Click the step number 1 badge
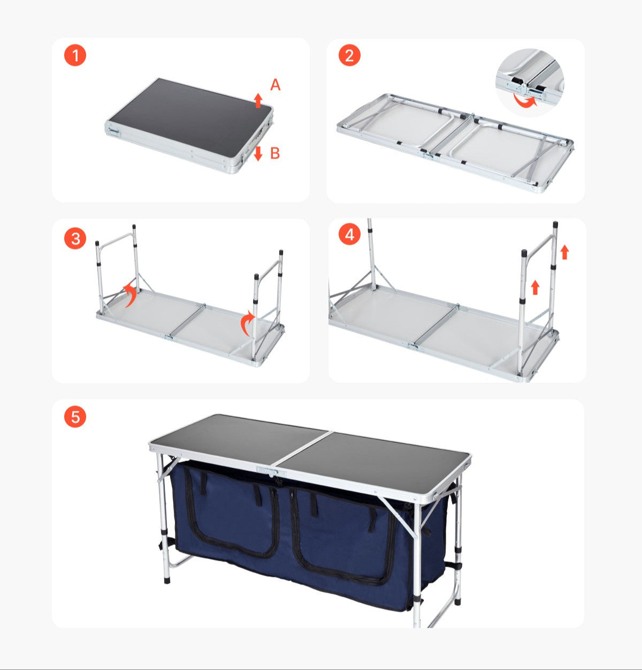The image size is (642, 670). click(x=75, y=56)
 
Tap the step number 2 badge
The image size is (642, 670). click(x=349, y=56)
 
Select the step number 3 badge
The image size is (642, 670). click(x=75, y=238)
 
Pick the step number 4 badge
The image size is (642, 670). click(x=349, y=235)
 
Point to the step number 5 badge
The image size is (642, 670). click(x=75, y=417)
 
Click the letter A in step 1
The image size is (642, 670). click(x=275, y=85)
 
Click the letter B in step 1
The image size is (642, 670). click(x=275, y=154)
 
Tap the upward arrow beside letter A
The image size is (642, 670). click(x=258, y=100)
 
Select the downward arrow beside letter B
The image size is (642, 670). click(x=258, y=153)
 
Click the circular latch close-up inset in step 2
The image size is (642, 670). click(x=529, y=82)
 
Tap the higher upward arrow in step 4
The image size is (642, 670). click(x=564, y=252)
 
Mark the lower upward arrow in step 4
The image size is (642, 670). click(x=534, y=288)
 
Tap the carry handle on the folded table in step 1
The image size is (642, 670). click(x=114, y=130)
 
